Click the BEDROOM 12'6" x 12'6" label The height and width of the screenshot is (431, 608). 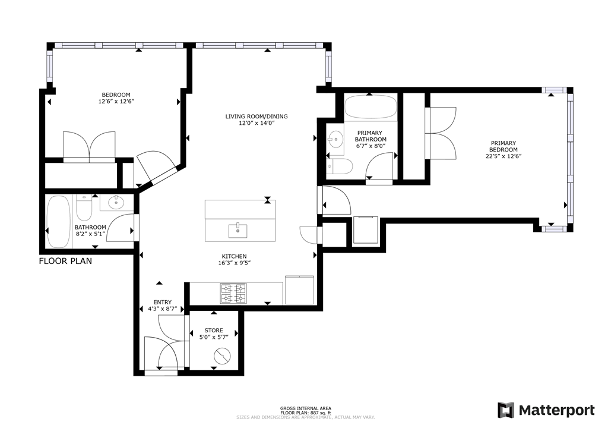pos(116,98)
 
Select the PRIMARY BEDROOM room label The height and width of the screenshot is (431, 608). pos(503,150)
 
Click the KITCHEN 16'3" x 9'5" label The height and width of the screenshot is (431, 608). pos(235,260)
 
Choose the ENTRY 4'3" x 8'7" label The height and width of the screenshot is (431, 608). pos(162,306)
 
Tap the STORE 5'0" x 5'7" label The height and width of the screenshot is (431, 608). pos(214,334)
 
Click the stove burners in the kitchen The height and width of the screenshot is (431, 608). pos(233,293)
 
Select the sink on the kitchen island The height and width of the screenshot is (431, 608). pos(240,229)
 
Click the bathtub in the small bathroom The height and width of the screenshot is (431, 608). pos(58,221)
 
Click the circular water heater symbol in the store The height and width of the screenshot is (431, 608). pos(221,357)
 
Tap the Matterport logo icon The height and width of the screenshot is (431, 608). pos(505,410)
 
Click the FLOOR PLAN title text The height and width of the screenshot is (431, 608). pos(65,261)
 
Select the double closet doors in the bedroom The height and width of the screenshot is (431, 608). pos(89,146)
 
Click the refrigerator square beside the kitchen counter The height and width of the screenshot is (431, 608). pos(300,290)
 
